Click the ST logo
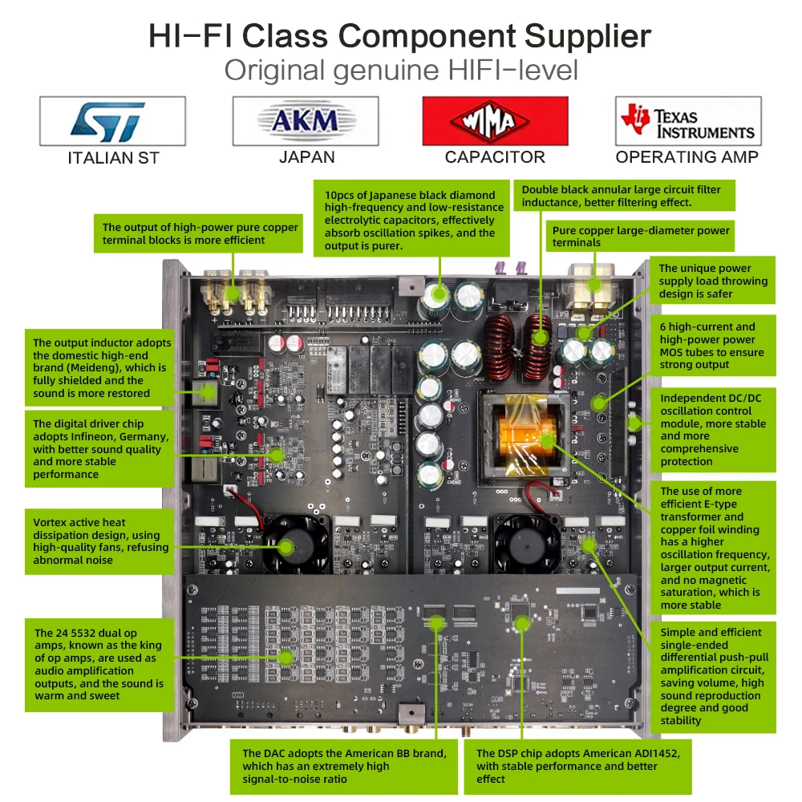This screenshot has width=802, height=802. click(112, 122)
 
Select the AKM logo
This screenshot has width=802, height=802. click(306, 121)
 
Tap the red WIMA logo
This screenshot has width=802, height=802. click(495, 122)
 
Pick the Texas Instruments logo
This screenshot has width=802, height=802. click(687, 122)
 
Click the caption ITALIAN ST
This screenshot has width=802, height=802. click(113, 158)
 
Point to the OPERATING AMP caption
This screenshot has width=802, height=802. click(687, 157)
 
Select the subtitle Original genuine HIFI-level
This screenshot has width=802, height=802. click(401, 70)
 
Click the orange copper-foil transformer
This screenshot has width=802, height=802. click(525, 437)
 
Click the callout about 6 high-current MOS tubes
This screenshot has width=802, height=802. click(714, 346)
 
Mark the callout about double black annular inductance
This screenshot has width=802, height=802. click(622, 196)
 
